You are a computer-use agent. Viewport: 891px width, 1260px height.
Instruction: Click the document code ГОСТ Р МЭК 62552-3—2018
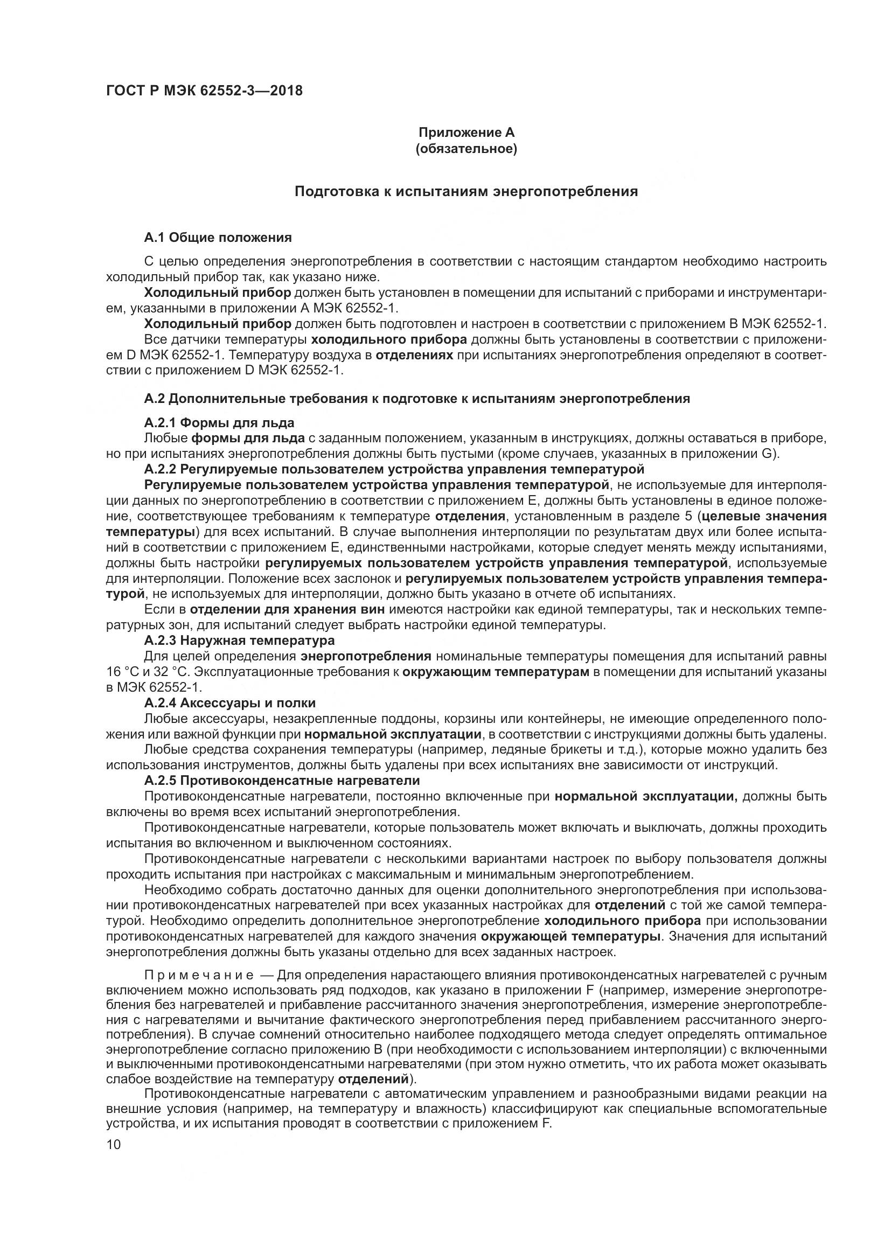204,91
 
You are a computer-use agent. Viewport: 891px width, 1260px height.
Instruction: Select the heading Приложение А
467,133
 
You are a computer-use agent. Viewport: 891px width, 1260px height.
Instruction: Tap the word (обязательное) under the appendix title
467,149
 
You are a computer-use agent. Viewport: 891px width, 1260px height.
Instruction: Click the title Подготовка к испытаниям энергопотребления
467,192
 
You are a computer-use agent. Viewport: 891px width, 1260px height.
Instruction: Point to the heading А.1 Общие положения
218,238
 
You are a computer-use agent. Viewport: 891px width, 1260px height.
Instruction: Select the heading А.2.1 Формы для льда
219,422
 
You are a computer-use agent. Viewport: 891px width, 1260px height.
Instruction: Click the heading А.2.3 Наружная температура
239,641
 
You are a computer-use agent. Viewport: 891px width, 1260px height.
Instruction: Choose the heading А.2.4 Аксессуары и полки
230,703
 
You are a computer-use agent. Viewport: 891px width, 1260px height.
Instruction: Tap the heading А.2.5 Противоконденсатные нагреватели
282,781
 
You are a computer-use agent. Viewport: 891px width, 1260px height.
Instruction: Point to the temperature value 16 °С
122,672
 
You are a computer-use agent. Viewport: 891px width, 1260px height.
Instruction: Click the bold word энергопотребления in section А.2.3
366,656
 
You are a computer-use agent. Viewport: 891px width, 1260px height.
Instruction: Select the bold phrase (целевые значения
763,517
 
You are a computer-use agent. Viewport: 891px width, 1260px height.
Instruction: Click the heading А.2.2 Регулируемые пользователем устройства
393,469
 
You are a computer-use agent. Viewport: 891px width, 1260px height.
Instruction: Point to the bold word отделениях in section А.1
415,355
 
